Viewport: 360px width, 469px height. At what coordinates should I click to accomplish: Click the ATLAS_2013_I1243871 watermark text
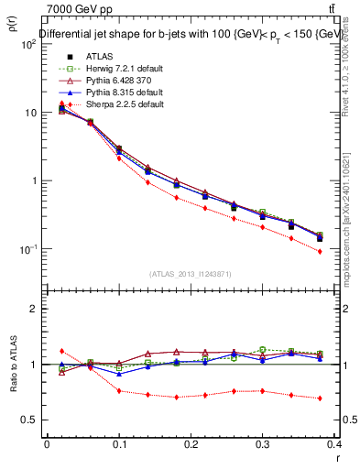pyautogui.click(x=190, y=274)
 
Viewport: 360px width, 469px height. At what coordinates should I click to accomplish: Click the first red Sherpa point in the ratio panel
pyautogui.click(x=61, y=351)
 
